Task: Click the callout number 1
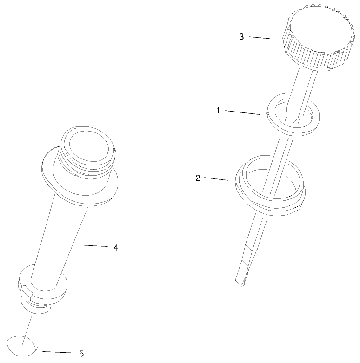[x=218, y=110]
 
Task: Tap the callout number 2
[x=198, y=178]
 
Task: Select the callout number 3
[x=241, y=37]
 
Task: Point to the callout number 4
[x=116, y=248]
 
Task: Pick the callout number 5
[x=81, y=354]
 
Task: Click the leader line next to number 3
[x=260, y=38]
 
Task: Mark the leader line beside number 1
[x=242, y=112]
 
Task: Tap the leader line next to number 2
[x=216, y=179]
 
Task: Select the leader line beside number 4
[x=95, y=245]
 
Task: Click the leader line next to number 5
[x=58, y=352]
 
